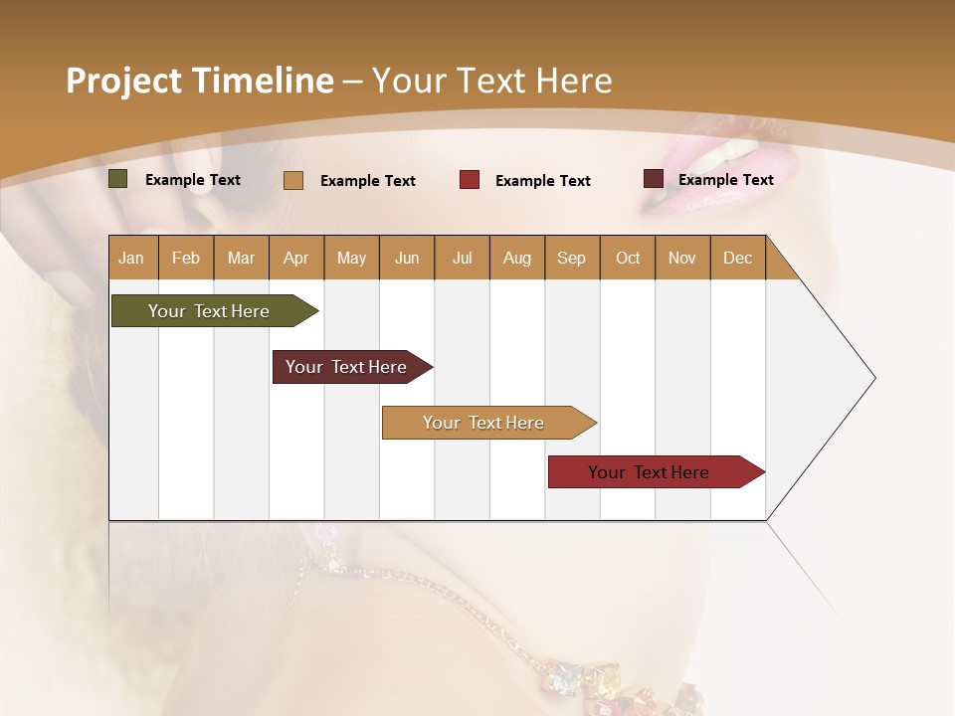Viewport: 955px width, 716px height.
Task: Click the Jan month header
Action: (x=131, y=258)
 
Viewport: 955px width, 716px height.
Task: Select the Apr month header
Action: (x=296, y=258)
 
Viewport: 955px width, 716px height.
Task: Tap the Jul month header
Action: (x=462, y=258)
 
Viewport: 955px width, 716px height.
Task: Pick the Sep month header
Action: (x=571, y=258)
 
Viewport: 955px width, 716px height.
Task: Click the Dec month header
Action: (x=737, y=258)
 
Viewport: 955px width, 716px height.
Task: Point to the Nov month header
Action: (x=681, y=258)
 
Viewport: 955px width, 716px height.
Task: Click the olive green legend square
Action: (x=117, y=179)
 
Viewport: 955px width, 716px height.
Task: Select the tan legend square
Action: (x=292, y=180)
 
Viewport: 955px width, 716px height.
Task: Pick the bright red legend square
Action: (x=469, y=180)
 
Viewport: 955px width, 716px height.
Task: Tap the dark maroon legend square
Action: (x=653, y=179)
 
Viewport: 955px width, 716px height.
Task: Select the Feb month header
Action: (x=186, y=258)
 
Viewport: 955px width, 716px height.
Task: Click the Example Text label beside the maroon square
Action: (x=725, y=179)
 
